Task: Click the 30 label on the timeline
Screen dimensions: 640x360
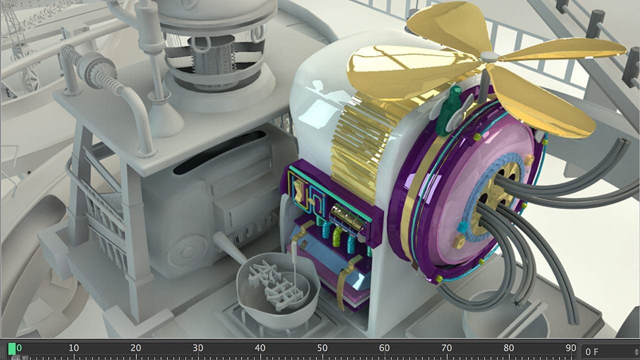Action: [197, 348]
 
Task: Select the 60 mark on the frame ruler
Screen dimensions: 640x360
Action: [384, 348]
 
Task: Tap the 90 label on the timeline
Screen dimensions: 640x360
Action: [570, 348]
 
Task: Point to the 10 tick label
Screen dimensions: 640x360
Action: [73, 348]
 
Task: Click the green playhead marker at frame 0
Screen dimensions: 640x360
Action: [12, 349]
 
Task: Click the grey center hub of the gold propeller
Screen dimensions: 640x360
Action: [489, 56]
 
